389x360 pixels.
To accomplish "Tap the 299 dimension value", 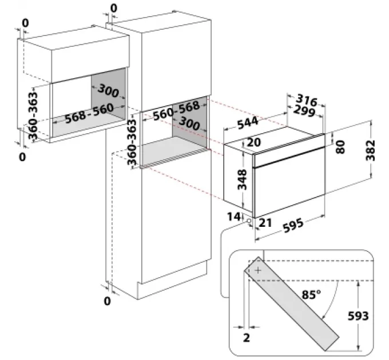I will click(x=303, y=111).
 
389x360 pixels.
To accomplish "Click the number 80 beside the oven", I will click(x=340, y=147).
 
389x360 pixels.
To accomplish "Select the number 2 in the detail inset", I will click(x=246, y=337).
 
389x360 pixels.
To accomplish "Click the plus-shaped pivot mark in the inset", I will click(x=258, y=270).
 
